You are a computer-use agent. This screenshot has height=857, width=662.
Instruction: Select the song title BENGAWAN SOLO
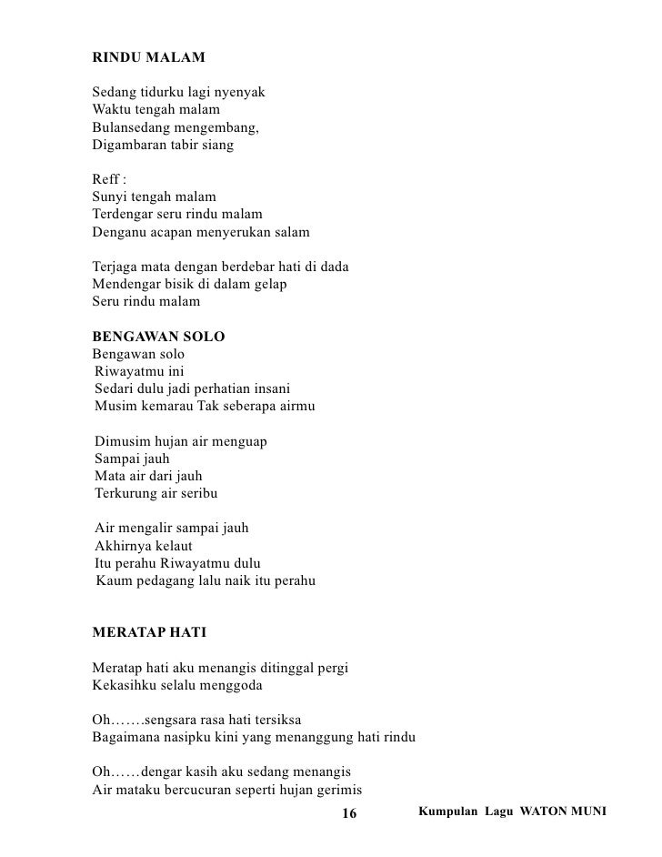point(159,338)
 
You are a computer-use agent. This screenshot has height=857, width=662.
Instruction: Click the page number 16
point(349,812)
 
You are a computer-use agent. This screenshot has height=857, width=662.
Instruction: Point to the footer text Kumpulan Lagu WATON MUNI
point(511,809)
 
